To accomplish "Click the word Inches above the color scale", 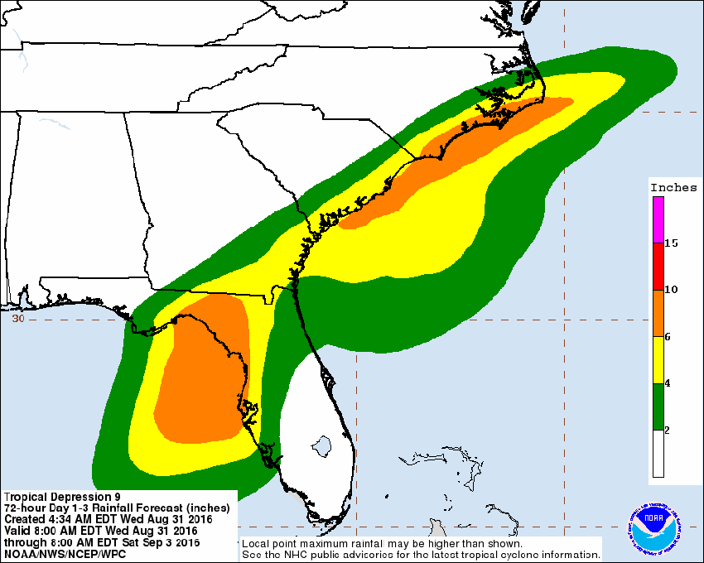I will point(673,187).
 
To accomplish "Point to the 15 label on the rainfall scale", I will point(671,243).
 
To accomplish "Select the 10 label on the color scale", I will point(671,290).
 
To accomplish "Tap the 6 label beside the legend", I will point(668,337).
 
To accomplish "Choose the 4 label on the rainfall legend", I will point(668,384).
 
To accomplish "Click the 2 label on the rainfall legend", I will point(668,431).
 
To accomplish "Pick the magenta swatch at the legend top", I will point(658,219).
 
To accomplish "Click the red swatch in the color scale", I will point(658,266).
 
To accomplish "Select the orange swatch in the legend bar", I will point(658,313).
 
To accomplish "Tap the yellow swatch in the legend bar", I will point(658,360).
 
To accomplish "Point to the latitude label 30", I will point(18,318).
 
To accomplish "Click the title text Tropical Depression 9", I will point(55,498).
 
